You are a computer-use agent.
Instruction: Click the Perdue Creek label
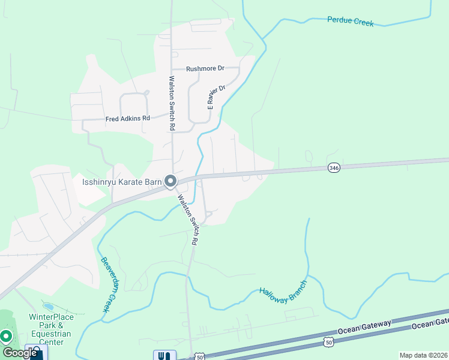click(x=351, y=22)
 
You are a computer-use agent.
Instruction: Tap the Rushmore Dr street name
click(x=205, y=68)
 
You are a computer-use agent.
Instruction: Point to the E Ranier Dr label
click(x=216, y=97)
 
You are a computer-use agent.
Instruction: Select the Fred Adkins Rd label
click(x=127, y=118)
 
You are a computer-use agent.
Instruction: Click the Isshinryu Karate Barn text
click(x=122, y=181)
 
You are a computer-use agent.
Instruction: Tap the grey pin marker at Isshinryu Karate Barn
click(x=170, y=181)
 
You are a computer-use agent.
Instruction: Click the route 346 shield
click(x=334, y=168)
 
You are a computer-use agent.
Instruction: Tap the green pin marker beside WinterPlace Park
click(x=7, y=337)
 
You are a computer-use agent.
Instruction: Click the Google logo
click(x=20, y=353)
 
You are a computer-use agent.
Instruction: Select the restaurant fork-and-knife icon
click(x=161, y=355)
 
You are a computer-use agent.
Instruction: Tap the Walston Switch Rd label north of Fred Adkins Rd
click(x=172, y=103)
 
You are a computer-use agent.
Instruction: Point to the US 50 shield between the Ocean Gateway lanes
click(x=327, y=341)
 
